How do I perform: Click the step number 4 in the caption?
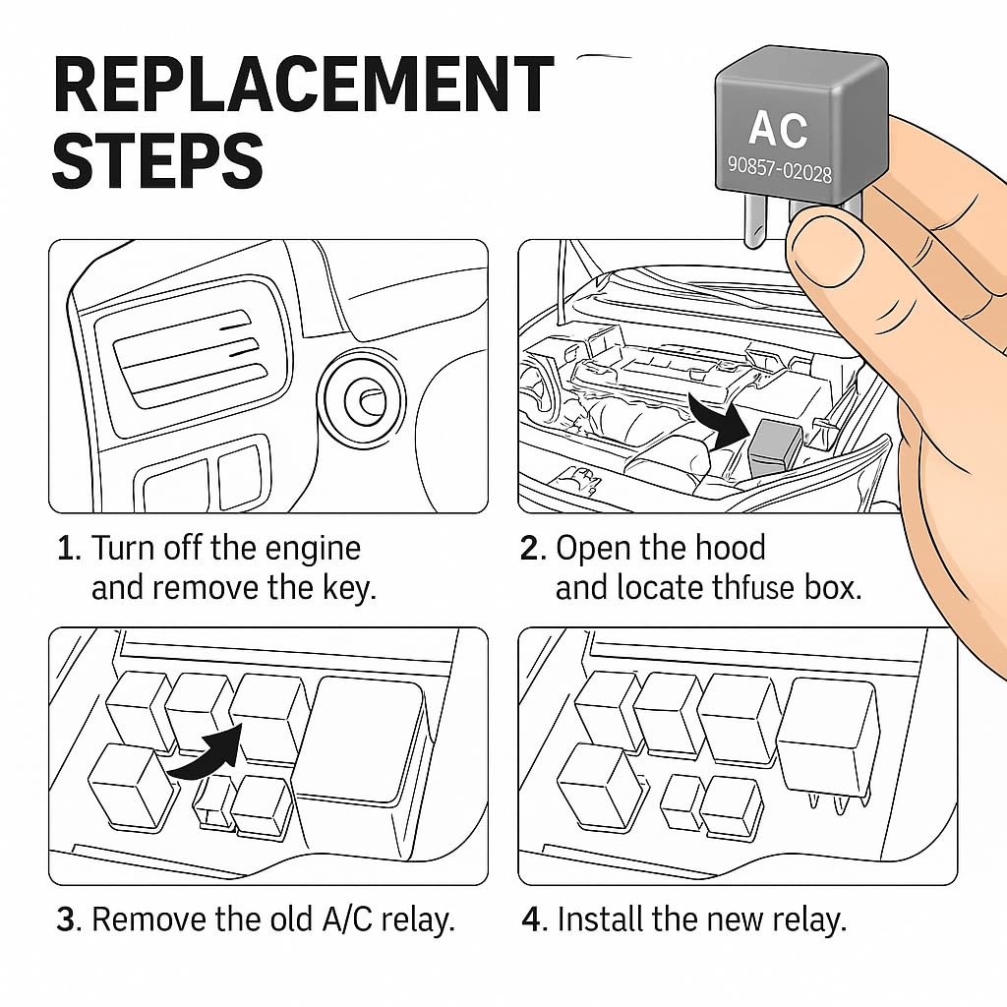pos(531,920)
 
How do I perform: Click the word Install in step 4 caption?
pos(601,920)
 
